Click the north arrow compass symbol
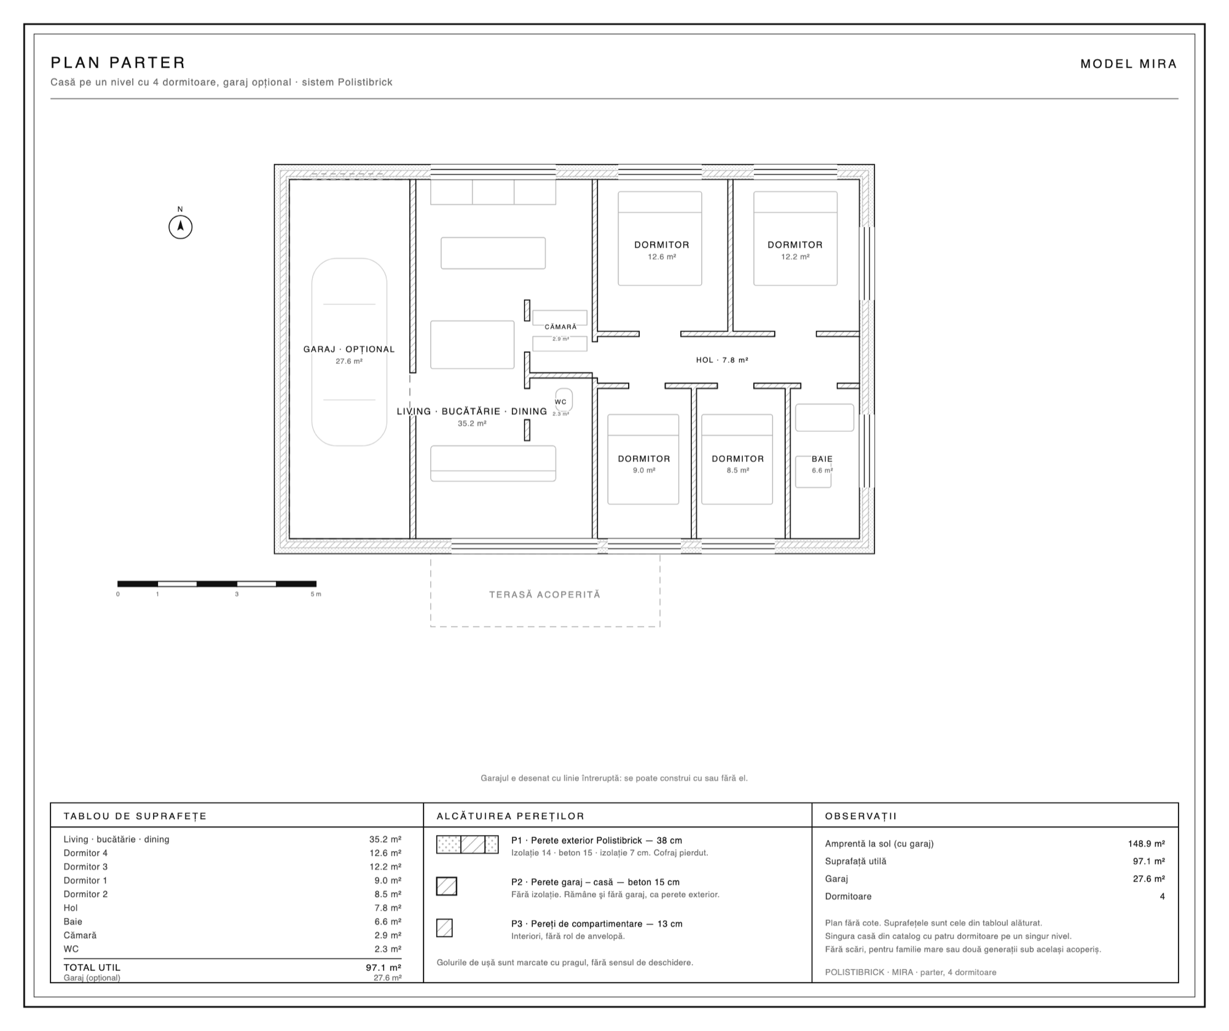point(181,227)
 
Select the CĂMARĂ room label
point(560,327)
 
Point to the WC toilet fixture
point(565,400)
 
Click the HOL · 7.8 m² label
point(722,360)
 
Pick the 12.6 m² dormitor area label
point(662,257)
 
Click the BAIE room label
point(822,459)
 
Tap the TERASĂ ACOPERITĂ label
point(544,595)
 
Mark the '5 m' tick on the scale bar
point(316,594)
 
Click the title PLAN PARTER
point(118,63)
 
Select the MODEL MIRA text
point(1128,64)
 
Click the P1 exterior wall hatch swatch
point(467,844)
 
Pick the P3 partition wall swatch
point(444,928)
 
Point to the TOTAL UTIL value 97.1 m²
point(383,968)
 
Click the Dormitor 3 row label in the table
point(85,867)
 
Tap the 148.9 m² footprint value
point(1147,844)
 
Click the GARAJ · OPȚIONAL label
point(349,350)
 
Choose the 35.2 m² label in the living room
point(472,423)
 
